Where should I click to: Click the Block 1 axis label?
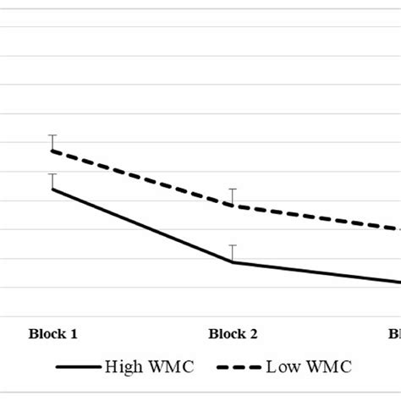53,333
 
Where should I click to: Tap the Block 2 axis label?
232,333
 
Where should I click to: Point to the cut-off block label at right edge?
394,333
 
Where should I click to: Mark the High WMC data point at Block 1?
53,189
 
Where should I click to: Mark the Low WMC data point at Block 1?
53,151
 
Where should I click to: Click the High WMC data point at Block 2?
232,261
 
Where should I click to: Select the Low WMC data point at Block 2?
232,205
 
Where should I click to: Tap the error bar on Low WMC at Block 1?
53,142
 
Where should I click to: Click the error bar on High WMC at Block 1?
53,180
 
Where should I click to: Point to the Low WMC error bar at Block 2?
232,196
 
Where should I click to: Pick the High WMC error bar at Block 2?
232,253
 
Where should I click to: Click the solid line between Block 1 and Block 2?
142,225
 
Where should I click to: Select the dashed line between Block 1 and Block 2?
142,178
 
